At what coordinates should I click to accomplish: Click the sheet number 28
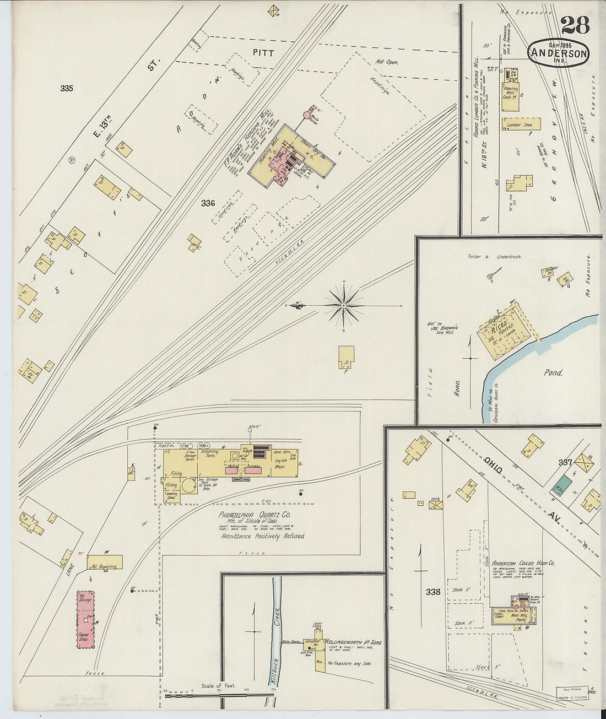coord(575,25)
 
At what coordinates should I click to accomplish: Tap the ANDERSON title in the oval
coord(558,53)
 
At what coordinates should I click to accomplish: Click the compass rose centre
coord(344,305)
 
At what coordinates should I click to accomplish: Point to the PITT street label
coord(263,52)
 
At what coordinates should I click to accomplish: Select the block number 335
coord(67,88)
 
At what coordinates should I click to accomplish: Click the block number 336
coord(208,203)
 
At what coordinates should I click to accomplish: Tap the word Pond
coord(553,373)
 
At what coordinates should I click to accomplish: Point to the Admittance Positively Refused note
coord(263,536)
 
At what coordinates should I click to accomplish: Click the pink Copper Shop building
coord(85,621)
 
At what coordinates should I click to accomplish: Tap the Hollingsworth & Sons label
coord(353,642)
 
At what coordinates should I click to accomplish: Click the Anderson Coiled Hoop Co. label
coord(523,564)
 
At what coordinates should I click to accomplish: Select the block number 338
coord(432,592)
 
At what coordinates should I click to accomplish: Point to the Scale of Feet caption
coord(219,685)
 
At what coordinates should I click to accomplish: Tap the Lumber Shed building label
coord(521,125)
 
